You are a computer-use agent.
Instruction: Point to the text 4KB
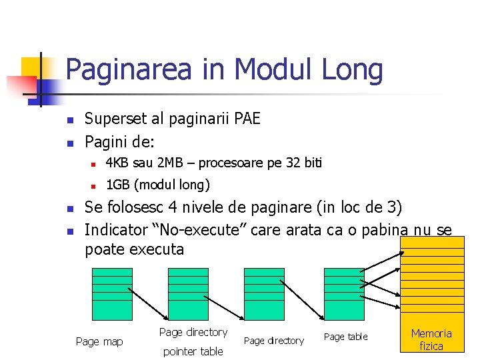[x=117, y=163]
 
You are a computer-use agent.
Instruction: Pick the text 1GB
[x=117, y=185]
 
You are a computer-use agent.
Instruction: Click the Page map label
[x=99, y=341]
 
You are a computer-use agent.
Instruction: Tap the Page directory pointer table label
[x=193, y=341]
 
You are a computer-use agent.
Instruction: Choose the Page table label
[x=345, y=337]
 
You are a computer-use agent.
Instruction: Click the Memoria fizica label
[x=431, y=339]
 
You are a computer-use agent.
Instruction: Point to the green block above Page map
[x=112, y=293]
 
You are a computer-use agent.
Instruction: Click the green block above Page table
[x=344, y=293]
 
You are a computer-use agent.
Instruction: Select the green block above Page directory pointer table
[x=188, y=293]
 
